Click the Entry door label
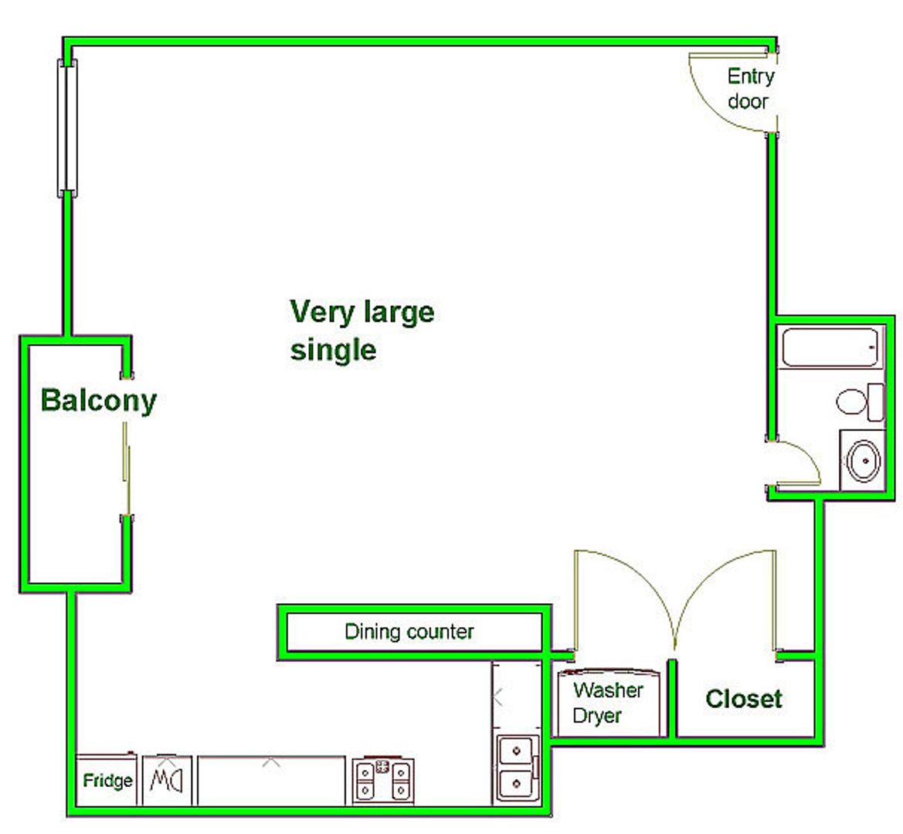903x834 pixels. point(750,88)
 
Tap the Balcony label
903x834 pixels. point(98,401)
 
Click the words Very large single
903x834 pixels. point(362,331)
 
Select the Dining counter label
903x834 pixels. point(409,632)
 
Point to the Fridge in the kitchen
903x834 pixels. point(107,780)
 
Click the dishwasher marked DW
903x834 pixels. point(167,780)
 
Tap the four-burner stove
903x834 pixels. point(383,781)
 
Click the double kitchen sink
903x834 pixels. point(518,768)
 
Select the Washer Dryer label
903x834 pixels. point(608,703)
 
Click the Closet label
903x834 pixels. point(743,699)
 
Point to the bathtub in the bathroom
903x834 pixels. point(830,347)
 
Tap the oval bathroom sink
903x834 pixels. point(864,460)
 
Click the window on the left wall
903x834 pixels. point(67,127)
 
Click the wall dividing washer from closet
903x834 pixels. point(671,698)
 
